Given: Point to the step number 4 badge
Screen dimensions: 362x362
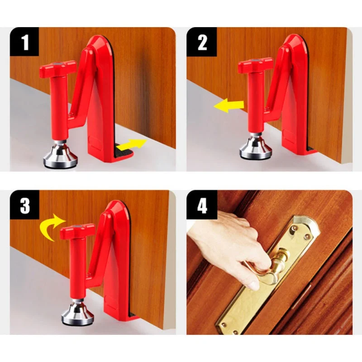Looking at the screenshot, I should (x=202, y=205).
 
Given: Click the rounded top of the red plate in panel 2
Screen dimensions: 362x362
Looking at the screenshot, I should (x=294, y=43).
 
